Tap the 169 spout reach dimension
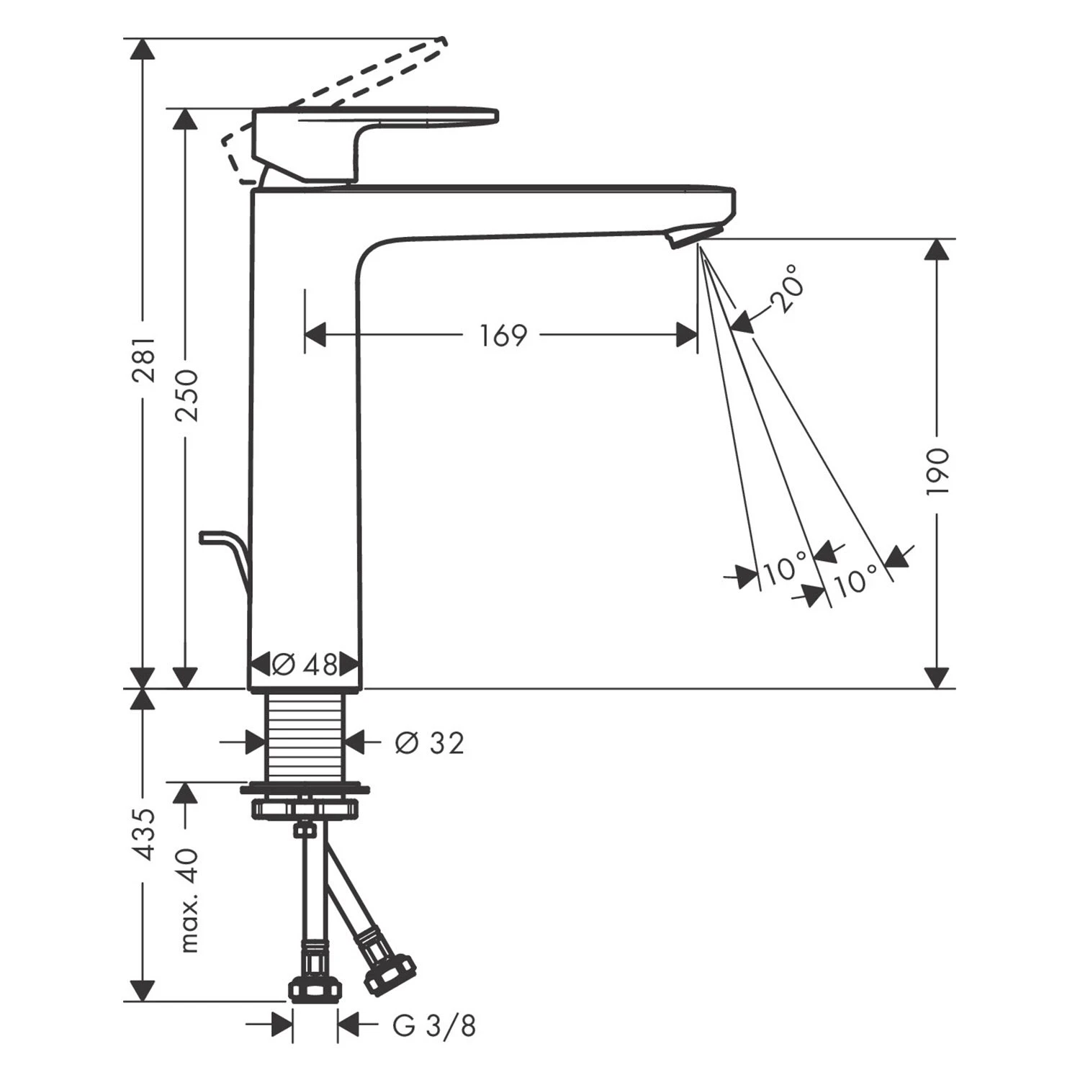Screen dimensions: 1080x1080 click(504, 336)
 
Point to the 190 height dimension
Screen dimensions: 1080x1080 click(938, 471)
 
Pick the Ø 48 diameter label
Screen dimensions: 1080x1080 click(305, 664)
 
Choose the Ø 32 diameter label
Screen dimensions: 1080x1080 click(430, 742)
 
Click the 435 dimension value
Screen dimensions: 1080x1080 click(146, 834)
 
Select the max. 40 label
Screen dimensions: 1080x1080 click(187, 901)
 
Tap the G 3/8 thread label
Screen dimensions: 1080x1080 click(435, 1025)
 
